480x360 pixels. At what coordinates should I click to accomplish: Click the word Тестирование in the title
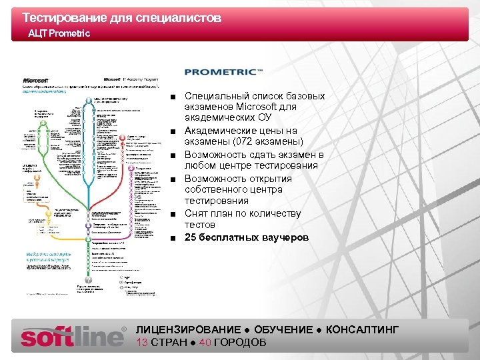tap(60, 18)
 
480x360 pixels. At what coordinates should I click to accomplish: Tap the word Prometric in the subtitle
tap(69, 33)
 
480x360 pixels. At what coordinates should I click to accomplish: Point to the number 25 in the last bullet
tap(191, 237)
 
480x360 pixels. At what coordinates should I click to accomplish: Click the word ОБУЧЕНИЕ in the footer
tap(283, 330)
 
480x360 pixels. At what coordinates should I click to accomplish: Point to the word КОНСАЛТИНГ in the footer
tap(363, 330)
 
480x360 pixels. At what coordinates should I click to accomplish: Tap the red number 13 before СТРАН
tap(141, 343)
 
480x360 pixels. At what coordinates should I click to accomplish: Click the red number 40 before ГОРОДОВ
tap(205, 343)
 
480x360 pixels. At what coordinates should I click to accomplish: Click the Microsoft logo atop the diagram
tap(37, 79)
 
